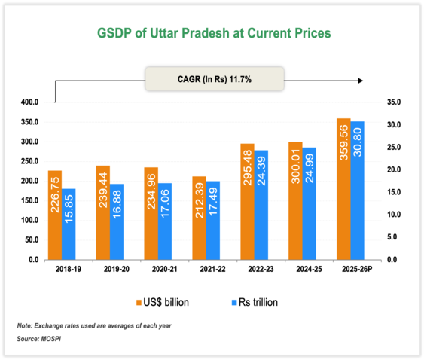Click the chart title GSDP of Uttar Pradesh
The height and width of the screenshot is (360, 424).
[215, 35]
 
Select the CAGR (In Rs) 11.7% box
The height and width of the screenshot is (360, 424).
[214, 79]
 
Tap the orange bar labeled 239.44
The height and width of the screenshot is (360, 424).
[102, 212]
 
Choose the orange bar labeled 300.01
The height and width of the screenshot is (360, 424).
[294, 201]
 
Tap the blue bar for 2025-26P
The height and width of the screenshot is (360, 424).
[357, 191]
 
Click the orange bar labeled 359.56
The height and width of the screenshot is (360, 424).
[343, 189]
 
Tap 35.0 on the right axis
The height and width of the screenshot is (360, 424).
[393, 102]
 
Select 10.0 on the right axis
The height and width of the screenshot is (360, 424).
[393, 215]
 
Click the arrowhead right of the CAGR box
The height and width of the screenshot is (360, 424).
[361, 79]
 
